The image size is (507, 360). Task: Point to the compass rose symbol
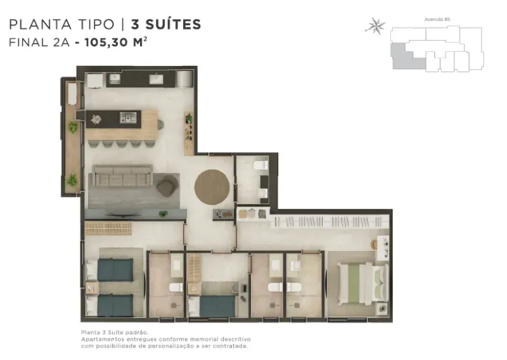[375, 26]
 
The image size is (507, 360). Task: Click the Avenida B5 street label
[437, 20]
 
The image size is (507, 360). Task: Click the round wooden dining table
[212, 187]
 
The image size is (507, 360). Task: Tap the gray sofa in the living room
[122, 176]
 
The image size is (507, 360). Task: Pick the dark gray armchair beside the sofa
[166, 188]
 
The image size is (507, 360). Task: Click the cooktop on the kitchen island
[128, 117]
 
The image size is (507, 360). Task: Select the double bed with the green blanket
[363, 283]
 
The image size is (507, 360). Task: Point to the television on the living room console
[124, 214]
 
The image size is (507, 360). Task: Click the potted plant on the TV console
[164, 214]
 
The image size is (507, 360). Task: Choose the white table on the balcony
[72, 94]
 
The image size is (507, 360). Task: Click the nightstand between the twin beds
[91, 288]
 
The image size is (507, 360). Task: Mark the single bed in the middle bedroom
[213, 306]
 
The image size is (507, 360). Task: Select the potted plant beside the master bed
[382, 308]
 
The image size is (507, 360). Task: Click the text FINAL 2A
[39, 42]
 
